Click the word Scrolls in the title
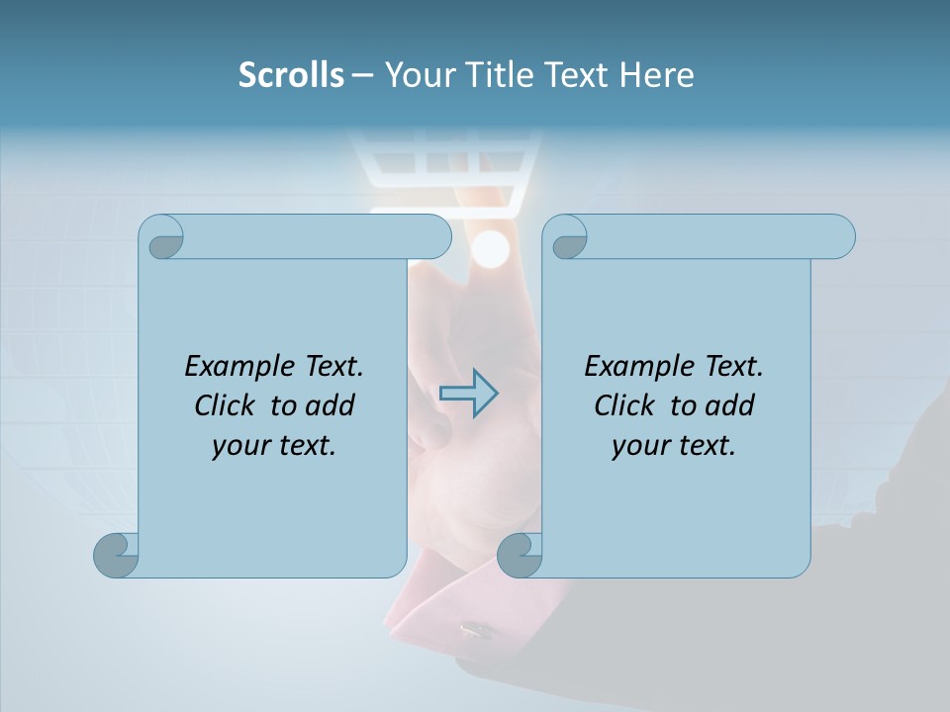[x=291, y=75]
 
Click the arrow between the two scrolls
[x=468, y=394]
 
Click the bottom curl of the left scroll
[x=117, y=555]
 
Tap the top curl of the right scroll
[x=566, y=237]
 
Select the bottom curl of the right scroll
[x=520, y=555]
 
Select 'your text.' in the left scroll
[x=274, y=445]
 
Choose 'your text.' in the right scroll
[x=674, y=445]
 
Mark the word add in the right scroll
[x=730, y=405]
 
